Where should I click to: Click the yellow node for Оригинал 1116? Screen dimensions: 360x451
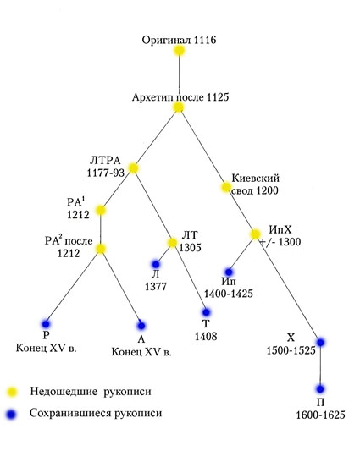179,51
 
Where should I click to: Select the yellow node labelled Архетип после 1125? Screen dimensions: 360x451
179,107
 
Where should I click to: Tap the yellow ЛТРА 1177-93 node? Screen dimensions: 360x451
133,168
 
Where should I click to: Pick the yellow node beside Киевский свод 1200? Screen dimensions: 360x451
226,187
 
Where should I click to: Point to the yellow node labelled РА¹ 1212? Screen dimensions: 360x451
101,210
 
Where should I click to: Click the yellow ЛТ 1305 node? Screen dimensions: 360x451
172,243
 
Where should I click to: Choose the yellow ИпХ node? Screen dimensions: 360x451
255,234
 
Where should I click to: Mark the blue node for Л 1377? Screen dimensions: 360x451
156,264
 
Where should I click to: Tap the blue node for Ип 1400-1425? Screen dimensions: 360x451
229,272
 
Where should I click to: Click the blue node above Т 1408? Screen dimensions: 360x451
206,312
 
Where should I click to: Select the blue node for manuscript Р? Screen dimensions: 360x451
46,324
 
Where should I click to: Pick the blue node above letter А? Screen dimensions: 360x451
141,326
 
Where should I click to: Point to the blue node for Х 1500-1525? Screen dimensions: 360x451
320,343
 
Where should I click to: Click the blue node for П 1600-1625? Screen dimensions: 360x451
320,389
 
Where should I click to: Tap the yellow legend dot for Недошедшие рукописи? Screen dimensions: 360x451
12,392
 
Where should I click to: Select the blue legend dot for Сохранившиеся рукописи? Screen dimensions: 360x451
12,414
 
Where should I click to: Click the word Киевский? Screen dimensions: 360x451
256,179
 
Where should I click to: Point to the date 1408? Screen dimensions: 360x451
206,336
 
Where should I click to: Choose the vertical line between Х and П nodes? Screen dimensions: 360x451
320,366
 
